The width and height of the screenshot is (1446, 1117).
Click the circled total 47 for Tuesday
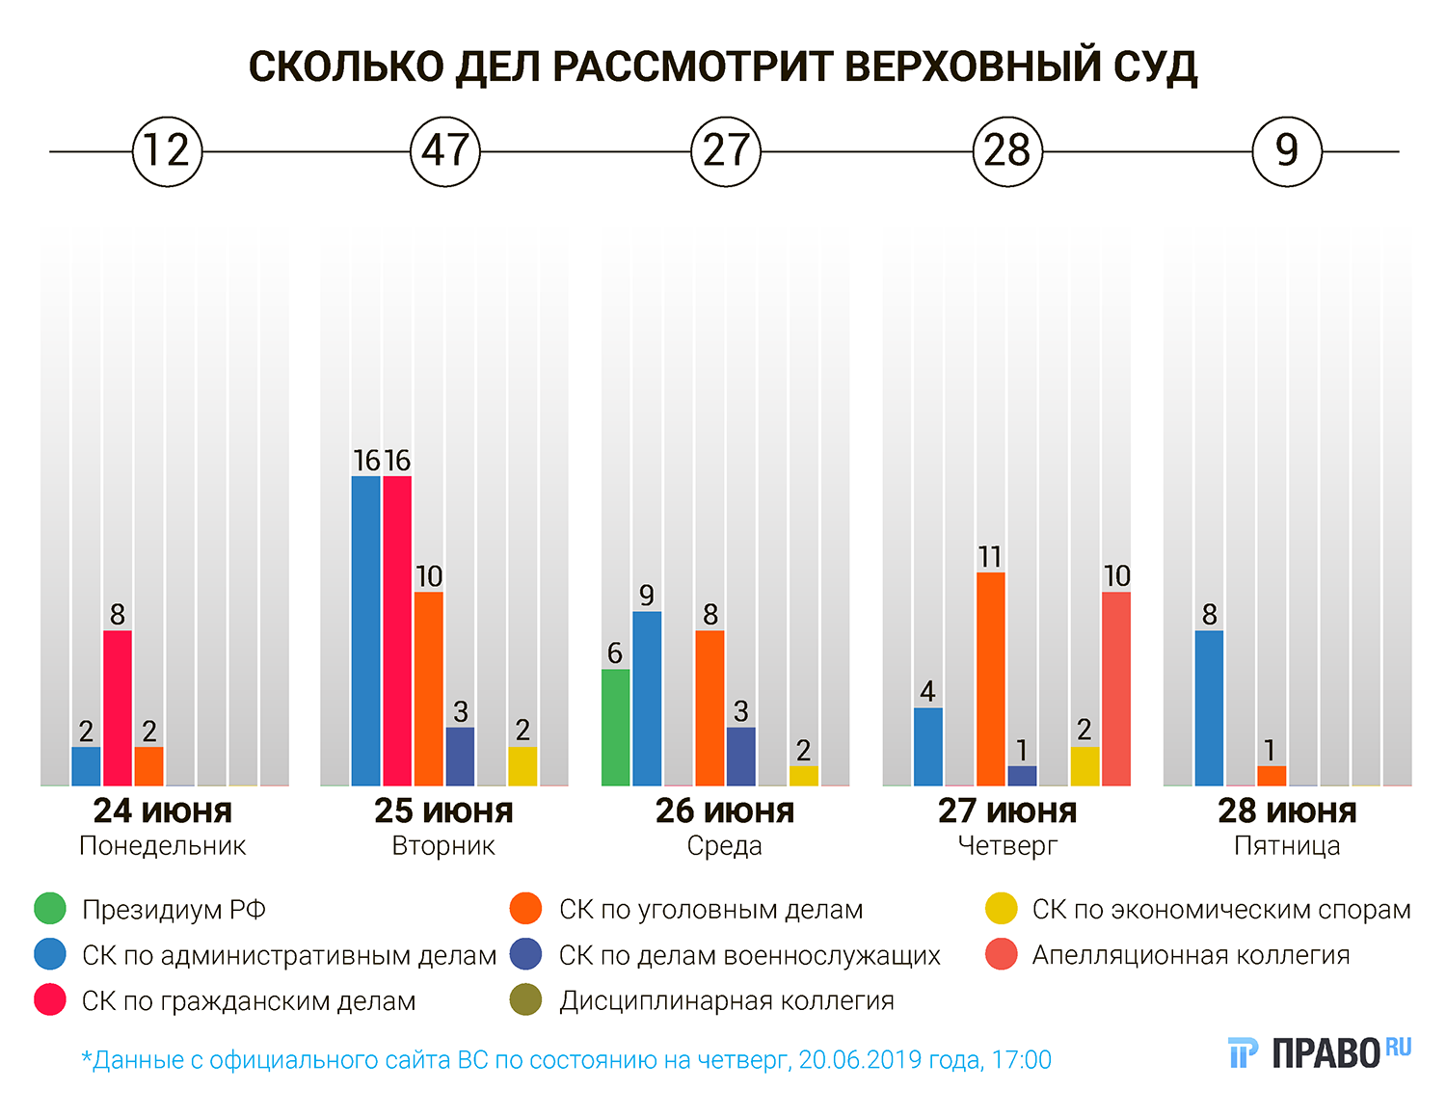tap(445, 151)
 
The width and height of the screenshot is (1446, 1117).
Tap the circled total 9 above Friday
tap(1287, 151)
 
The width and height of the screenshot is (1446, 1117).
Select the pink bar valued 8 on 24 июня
tap(118, 707)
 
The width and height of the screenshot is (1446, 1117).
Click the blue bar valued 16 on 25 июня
tap(365, 630)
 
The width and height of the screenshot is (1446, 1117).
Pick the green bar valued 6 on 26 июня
tap(615, 727)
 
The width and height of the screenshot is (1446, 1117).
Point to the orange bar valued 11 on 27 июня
tap(990, 678)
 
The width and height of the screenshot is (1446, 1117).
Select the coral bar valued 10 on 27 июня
tap(1116, 688)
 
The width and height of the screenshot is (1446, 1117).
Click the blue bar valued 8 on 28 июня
tap(1209, 707)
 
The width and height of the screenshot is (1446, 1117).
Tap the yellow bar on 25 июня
tap(522, 766)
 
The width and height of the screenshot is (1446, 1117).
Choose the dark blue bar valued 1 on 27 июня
tap(1022, 776)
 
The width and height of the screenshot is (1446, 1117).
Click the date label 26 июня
tap(725, 811)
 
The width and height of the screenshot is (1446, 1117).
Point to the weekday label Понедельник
tap(163, 846)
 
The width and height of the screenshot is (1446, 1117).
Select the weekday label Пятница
tap(1287, 846)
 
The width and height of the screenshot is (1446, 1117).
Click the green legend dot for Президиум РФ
tap(49, 909)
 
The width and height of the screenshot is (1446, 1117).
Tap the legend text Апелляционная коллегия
tap(1191, 955)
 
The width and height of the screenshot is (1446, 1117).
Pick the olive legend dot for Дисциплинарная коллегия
tap(525, 1000)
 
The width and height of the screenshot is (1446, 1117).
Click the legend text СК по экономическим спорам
tap(1221, 909)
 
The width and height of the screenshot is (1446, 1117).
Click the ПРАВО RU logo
tap(1320, 1052)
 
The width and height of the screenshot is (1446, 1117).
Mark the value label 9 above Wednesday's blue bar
tap(647, 596)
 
